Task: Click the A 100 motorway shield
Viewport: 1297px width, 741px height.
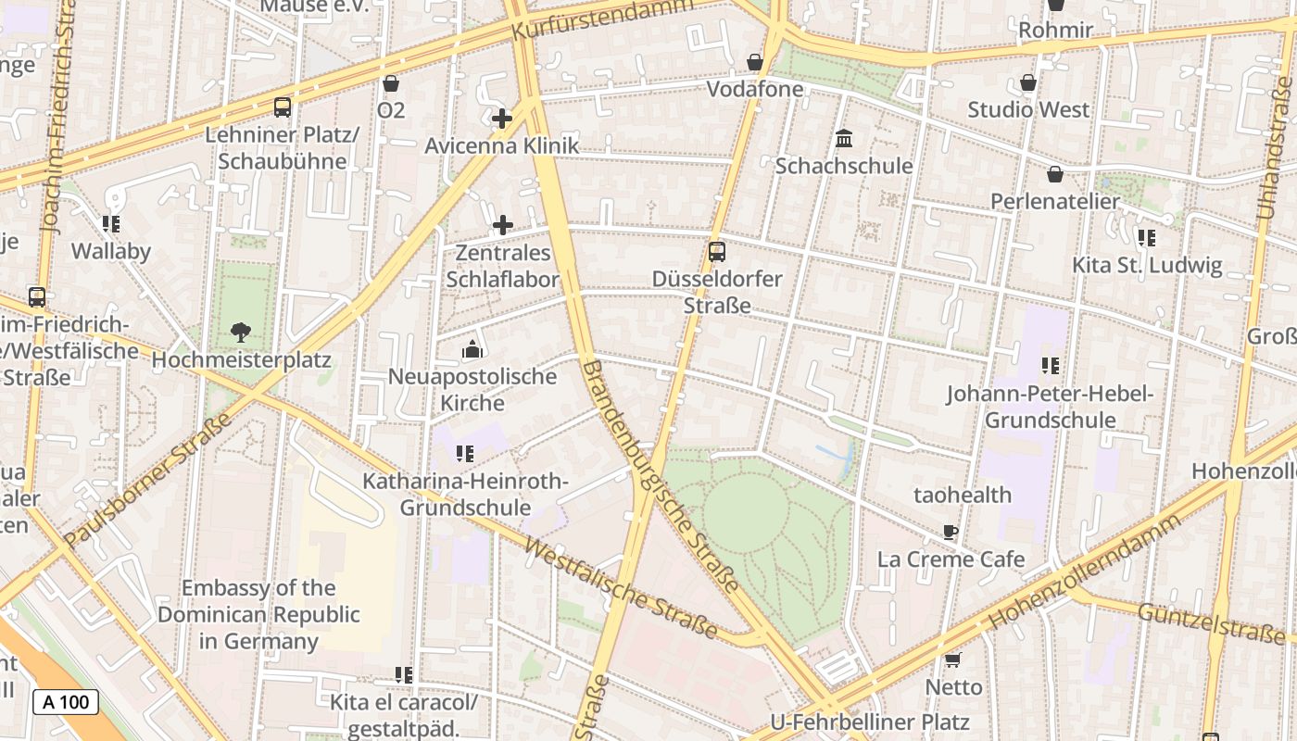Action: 66,702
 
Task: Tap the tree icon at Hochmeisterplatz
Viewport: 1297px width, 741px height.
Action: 241,332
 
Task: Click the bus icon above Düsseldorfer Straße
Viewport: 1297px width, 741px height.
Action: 716,251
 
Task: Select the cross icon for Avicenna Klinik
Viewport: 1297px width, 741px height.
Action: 502,119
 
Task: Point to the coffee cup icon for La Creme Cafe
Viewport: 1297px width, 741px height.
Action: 950,532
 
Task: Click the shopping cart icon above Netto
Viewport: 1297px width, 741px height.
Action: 952,659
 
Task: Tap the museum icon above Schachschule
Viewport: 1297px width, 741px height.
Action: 844,139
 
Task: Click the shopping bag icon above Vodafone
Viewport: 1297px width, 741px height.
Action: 755,62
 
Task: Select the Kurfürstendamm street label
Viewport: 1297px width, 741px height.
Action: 601,18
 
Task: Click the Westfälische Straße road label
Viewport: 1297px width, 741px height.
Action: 620,588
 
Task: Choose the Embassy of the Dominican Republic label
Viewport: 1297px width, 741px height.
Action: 258,614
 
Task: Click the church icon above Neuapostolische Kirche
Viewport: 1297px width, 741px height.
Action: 472,350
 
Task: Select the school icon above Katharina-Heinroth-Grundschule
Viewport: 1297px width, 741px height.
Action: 465,454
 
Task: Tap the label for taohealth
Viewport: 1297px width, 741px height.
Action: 963,495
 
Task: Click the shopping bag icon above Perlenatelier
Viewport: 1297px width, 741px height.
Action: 1054,174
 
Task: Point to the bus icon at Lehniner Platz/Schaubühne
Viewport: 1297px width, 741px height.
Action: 283,107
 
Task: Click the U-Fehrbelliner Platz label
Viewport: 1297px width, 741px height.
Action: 869,722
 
